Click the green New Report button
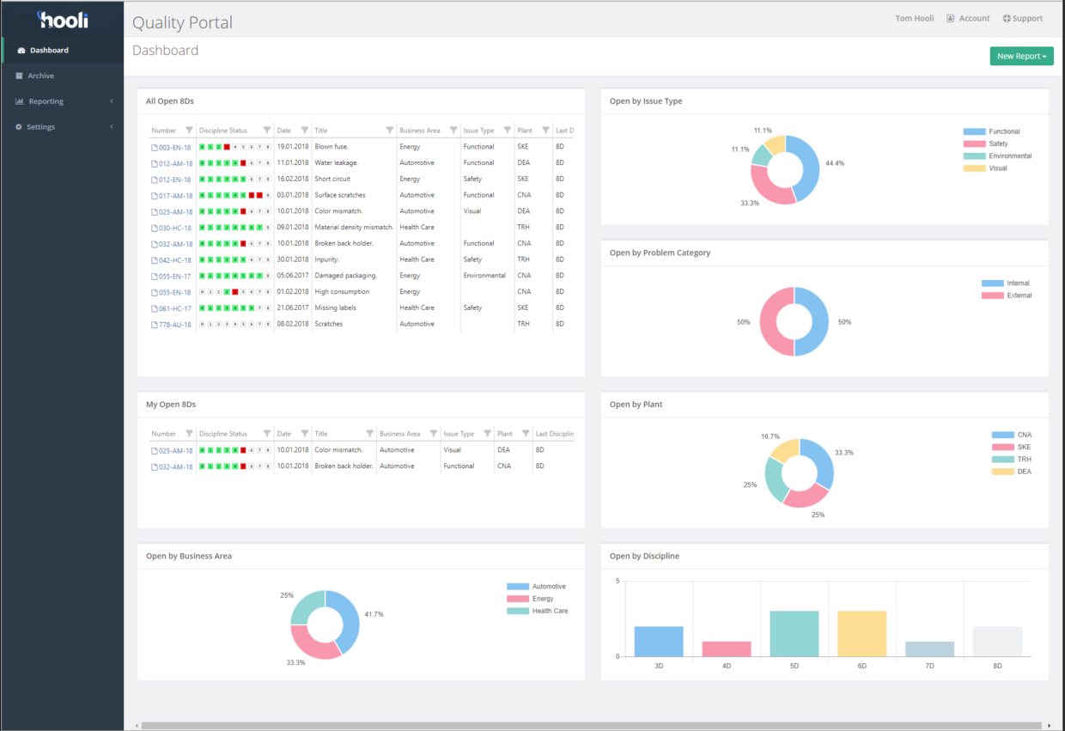point(1021,57)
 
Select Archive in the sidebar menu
point(40,76)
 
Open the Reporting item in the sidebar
point(46,101)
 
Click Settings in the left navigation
point(40,127)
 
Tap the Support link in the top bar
point(1023,18)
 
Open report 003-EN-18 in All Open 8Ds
point(174,148)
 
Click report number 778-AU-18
point(174,325)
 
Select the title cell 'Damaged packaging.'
point(345,276)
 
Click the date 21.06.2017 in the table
point(292,308)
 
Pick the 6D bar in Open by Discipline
point(861,634)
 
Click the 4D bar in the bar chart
point(727,649)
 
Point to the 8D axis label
point(997,666)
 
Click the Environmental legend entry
point(1009,156)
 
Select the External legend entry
point(1019,295)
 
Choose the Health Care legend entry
point(550,611)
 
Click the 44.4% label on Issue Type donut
point(834,163)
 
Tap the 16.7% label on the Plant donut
point(770,436)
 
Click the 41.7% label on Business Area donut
point(374,614)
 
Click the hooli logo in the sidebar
point(63,19)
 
